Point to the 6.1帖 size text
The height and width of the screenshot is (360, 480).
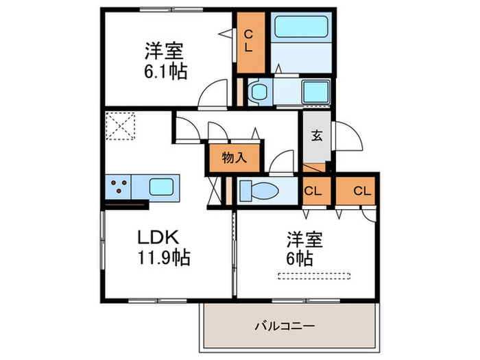tap(165, 71)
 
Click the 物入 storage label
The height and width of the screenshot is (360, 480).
tap(234, 158)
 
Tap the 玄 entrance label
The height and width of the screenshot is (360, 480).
tap(317, 135)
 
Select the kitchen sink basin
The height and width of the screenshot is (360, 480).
tap(163, 186)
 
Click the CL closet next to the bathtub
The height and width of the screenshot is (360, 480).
tap(250, 42)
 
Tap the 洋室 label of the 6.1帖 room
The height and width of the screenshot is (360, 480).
tap(163, 50)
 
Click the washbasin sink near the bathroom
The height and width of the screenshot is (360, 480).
tap(315, 91)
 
